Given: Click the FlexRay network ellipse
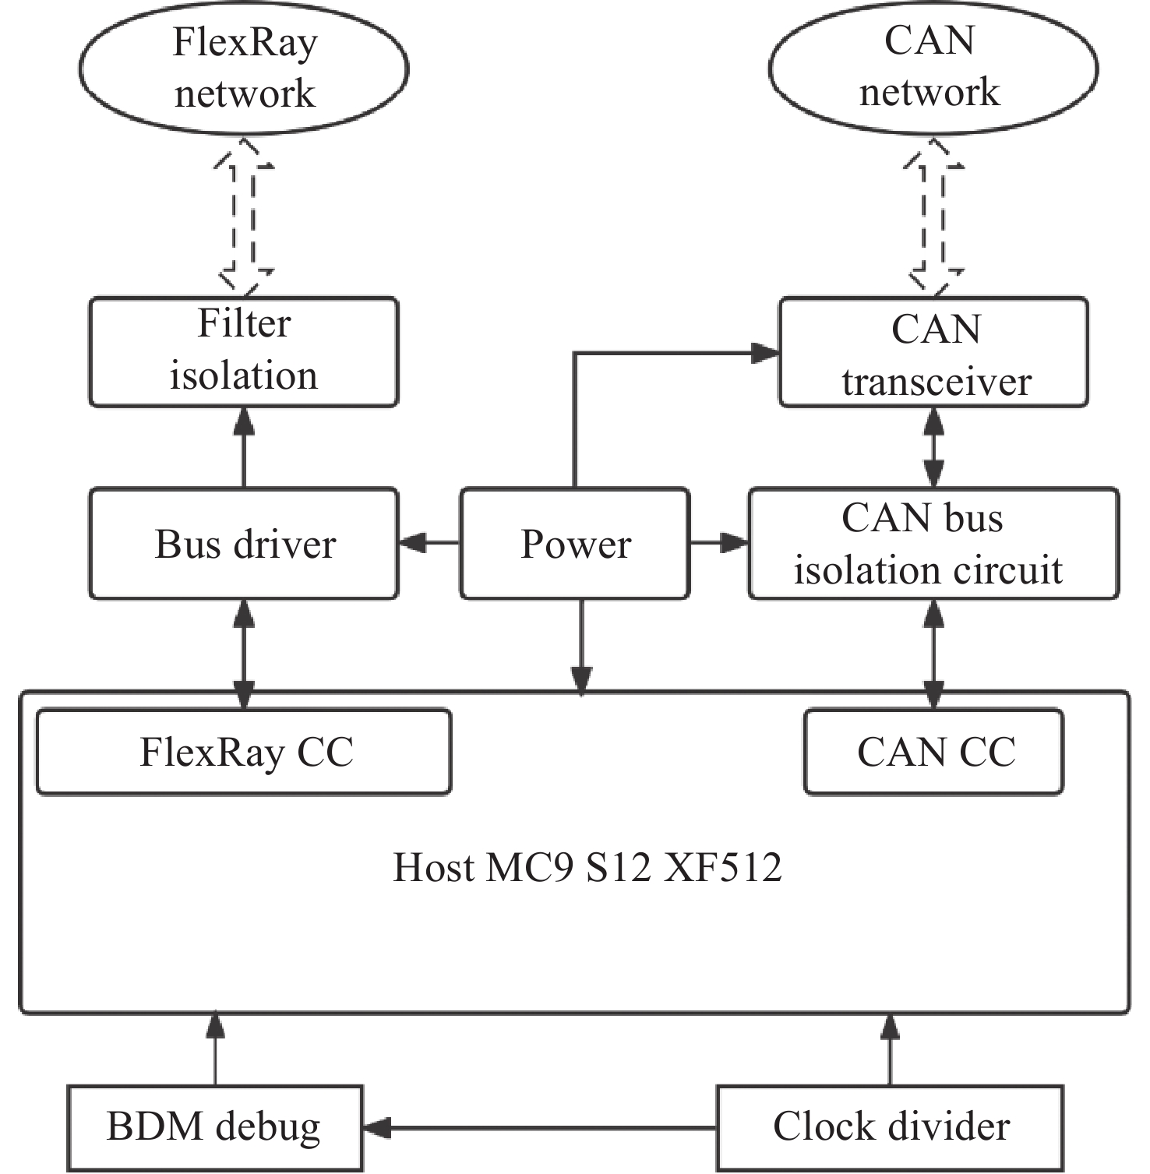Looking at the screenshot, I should pyautogui.click(x=244, y=69).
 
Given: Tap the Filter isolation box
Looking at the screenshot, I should pyautogui.click(x=244, y=351).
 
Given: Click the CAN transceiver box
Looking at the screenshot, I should pyautogui.click(x=933, y=352).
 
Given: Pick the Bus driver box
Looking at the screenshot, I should pyautogui.click(x=244, y=544).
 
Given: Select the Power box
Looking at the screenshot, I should pyautogui.click(x=575, y=544).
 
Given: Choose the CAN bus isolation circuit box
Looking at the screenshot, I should pyautogui.click(x=933, y=544).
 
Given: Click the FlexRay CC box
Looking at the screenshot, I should pyautogui.click(x=244, y=752).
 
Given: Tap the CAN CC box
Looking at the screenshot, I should pyautogui.click(x=933, y=752).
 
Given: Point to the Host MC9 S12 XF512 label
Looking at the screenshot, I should pyautogui.click(x=587, y=867).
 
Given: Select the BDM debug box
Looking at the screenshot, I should pyautogui.click(x=214, y=1127).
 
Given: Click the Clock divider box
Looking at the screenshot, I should pyautogui.click(x=890, y=1127).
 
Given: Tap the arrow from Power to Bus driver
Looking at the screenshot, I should pyautogui.click(x=429, y=542).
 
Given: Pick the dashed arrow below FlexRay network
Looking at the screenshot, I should pyautogui.click(x=244, y=217).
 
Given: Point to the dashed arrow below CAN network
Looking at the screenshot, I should pyautogui.click(x=933, y=217).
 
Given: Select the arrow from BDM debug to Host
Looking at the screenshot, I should pyautogui.click(x=215, y=1049).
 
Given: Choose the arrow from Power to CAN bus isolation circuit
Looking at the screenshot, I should pyautogui.click(x=719, y=542).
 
